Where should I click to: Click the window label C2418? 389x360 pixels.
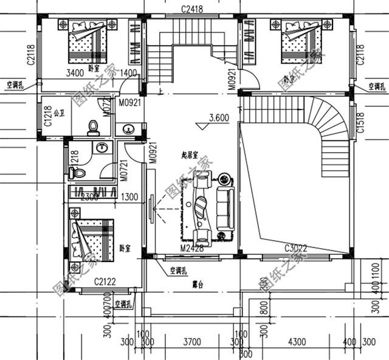tap(192, 8)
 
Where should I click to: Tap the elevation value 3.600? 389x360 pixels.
tap(218, 118)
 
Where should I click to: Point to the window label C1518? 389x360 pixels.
tap(360, 122)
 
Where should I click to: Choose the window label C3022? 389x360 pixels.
tap(297, 249)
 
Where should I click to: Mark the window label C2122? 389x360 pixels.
tap(106, 282)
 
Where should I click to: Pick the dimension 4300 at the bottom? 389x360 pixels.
tap(297, 342)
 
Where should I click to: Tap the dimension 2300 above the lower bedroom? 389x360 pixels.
tap(89, 197)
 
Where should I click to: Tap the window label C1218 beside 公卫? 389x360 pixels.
tap(48, 116)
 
